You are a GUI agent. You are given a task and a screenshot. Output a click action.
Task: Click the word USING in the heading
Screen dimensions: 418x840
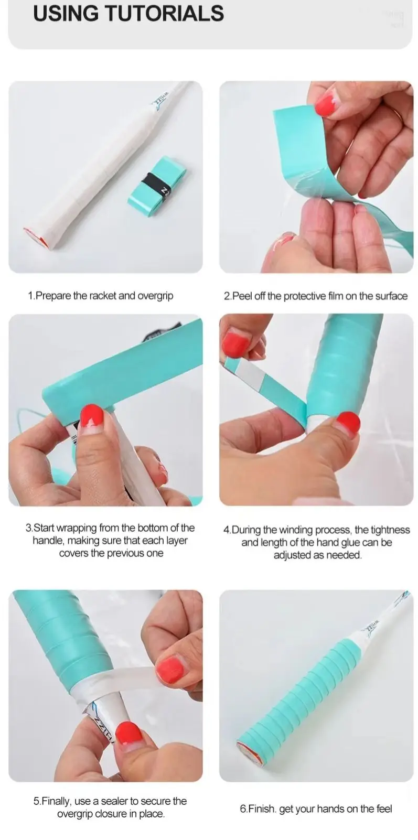[x=66, y=13]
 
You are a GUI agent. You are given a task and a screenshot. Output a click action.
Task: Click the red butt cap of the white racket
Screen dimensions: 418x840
[x=36, y=238]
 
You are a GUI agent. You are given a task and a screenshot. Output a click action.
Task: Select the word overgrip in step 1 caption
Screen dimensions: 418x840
[x=155, y=296]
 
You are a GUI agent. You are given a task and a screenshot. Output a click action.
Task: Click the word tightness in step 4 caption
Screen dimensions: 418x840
[x=390, y=530]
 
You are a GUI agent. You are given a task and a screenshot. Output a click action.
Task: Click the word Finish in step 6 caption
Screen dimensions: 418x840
[x=262, y=809]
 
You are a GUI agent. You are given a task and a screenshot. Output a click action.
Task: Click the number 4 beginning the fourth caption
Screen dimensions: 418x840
[x=226, y=530]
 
